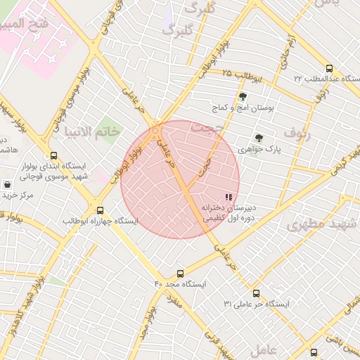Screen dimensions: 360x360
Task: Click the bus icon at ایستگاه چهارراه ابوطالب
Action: point(100,210)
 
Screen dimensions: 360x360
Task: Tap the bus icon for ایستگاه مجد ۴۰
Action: point(181,274)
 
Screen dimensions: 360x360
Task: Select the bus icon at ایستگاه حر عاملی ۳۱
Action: point(256,293)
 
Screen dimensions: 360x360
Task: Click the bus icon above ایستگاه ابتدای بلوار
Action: point(54,156)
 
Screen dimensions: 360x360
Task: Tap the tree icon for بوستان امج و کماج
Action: point(243,97)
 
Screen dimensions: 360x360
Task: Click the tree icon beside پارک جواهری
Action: point(259,138)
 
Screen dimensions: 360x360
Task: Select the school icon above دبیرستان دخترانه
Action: point(228,198)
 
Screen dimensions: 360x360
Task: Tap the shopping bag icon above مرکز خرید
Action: point(7,184)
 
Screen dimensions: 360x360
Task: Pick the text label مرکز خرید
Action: point(18,194)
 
